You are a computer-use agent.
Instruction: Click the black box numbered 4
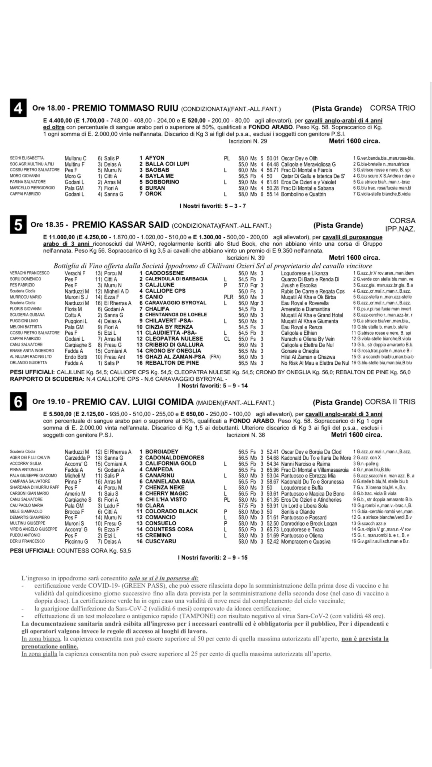coord(18,108)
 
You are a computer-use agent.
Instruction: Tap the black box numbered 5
coord(18,225)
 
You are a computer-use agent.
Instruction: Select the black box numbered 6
coord(18,402)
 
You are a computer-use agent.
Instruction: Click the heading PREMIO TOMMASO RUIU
coord(125,108)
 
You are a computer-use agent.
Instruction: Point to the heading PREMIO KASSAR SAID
coord(121,225)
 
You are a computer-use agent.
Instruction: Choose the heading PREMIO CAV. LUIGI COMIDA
coord(133,402)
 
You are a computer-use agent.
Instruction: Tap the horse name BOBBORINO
coord(162,182)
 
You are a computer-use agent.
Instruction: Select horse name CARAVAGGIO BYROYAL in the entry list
coord(176,303)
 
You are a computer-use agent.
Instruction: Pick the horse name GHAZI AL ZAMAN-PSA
coord(175,357)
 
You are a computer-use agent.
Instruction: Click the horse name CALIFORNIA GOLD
coord(171,463)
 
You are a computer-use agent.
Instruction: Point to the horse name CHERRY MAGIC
coord(166,493)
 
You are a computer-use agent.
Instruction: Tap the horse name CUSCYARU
coord(161,541)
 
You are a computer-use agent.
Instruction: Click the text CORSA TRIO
coord(392,108)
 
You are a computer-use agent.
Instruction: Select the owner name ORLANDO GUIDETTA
coord(28,363)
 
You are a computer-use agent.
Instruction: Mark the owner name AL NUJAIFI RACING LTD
coord(31,357)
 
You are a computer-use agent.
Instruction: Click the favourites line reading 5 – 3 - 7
coord(213,206)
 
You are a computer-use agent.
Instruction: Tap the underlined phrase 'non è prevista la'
coord(365,639)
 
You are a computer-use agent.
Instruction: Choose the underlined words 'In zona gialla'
coord(39,654)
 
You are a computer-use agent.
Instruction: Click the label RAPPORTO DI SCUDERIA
coord(47,379)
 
